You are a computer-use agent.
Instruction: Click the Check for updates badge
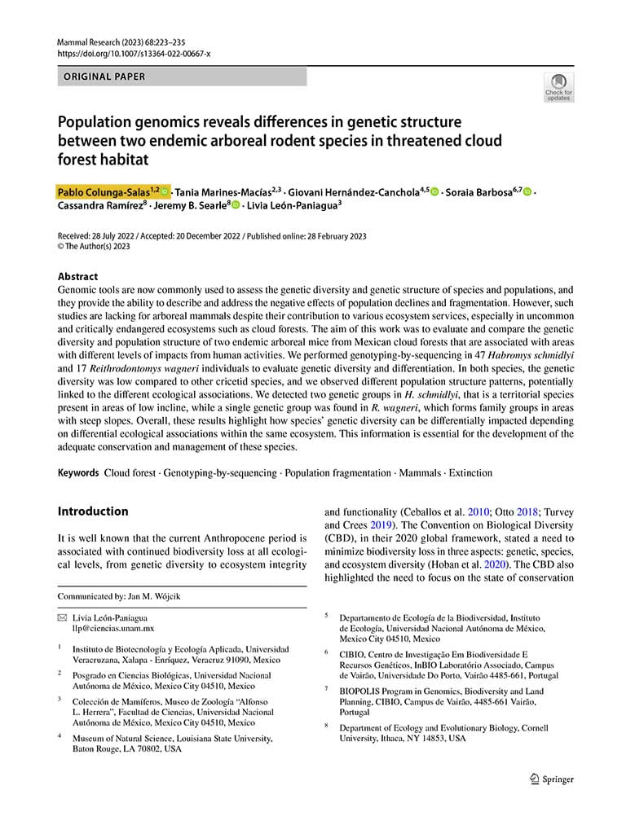pos(558,87)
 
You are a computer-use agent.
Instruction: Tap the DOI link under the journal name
pos(134,53)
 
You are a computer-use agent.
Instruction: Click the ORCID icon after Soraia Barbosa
pos(528,191)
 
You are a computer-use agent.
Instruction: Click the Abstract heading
pos(77,276)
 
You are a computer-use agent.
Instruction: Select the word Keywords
pos(78,473)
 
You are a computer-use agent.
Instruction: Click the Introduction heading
pos(92,511)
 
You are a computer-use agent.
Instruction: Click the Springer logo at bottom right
pos(552,779)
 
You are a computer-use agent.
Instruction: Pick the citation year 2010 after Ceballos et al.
pos(478,512)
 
